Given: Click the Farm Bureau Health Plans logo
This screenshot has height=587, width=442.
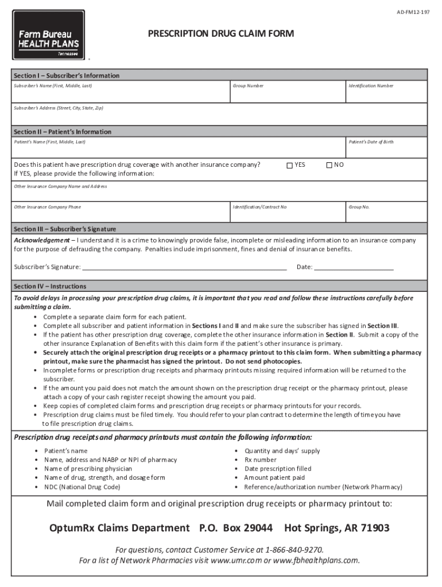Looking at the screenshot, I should pyautogui.click(x=48, y=35).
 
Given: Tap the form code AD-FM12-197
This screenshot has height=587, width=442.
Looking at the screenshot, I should pyautogui.click(x=412, y=12).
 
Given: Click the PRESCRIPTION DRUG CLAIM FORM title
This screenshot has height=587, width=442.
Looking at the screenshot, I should pyautogui.click(x=221, y=34).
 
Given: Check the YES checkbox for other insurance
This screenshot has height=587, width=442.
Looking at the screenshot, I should pyautogui.click(x=290, y=165).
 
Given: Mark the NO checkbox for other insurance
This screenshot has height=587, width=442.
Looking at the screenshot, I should pyautogui.click(x=329, y=165).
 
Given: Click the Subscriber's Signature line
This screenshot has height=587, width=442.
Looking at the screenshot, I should pyautogui.click(x=184, y=267).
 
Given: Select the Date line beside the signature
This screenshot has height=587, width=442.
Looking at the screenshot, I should pyautogui.click(x=354, y=267).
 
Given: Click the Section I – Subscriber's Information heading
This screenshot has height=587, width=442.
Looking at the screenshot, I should pyautogui.click(x=67, y=76).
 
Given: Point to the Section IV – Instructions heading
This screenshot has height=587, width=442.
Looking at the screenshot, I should pyautogui.click(x=50, y=286).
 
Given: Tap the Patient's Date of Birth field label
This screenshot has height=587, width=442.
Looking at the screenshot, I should pyautogui.click(x=371, y=142).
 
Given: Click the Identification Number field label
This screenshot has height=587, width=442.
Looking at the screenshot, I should pyautogui.click(x=371, y=85).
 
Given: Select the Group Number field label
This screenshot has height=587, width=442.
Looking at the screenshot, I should pyautogui.click(x=248, y=85).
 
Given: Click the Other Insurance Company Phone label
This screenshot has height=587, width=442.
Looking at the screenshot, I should pyautogui.click(x=48, y=206).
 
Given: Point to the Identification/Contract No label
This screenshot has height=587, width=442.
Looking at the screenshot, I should pyautogui.click(x=259, y=206).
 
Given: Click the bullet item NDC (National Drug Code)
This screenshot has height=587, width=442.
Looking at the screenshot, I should pyautogui.click(x=82, y=487).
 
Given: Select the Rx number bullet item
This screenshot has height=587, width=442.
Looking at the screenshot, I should pyautogui.click(x=261, y=460).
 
